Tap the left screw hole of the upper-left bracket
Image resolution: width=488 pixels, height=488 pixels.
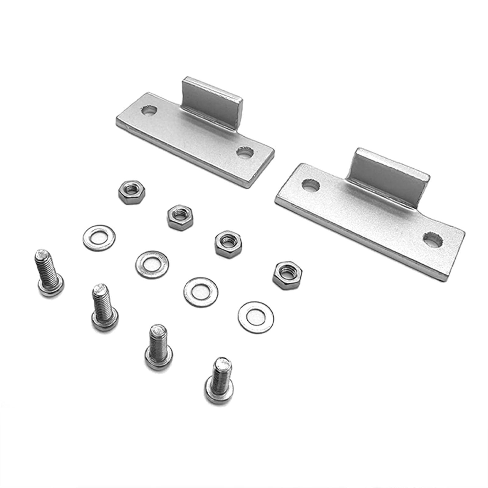click(149, 110)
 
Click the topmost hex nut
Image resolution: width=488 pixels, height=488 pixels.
click(132, 192)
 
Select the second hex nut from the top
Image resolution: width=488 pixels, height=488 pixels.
click(180, 217)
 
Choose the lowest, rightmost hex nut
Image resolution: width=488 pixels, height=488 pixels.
click(287, 275)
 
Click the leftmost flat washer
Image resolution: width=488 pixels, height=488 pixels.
click(99, 238)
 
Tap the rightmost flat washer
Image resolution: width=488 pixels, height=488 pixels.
click(256, 317)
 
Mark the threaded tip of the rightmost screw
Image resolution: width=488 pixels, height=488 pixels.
click(222, 364)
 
